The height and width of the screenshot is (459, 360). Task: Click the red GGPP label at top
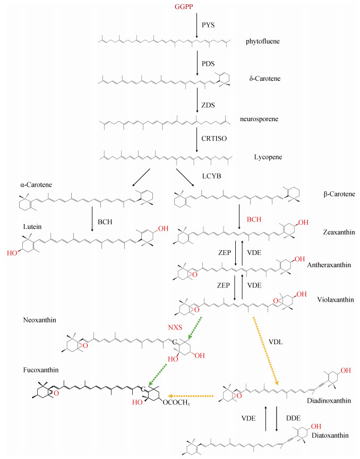[x=184, y=6]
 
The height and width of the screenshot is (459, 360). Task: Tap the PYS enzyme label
[x=208, y=25]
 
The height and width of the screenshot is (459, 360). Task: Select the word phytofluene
[x=262, y=41]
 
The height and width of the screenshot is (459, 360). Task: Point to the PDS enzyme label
[x=208, y=64]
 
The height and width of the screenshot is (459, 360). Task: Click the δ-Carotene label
[x=265, y=79]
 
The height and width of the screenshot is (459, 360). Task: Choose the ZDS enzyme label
[x=208, y=105]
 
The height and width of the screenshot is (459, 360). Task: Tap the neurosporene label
[x=259, y=119]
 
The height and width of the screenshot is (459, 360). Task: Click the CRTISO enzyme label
[x=214, y=138]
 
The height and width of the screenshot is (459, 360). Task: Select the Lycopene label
[x=268, y=157]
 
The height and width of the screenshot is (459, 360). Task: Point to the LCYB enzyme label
[x=211, y=176]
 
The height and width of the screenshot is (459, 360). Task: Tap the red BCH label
[x=254, y=219]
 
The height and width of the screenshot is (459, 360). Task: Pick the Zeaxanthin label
[x=339, y=232]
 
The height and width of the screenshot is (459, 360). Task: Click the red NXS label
[x=175, y=327]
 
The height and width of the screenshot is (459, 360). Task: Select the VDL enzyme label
[x=276, y=342]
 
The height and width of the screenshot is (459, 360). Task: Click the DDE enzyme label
[x=293, y=418]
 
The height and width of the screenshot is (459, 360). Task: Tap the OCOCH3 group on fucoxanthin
[x=176, y=403]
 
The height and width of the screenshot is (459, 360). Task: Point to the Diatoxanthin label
[x=330, y=435]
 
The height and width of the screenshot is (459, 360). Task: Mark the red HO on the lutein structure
[x=12, y=253]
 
